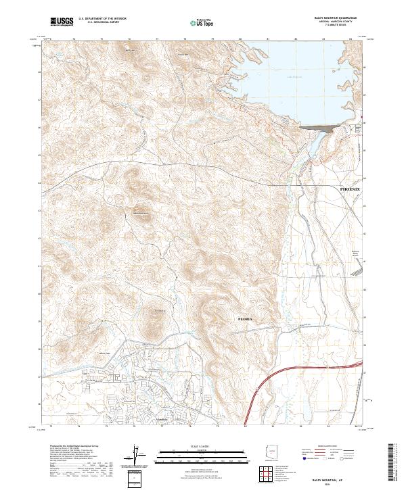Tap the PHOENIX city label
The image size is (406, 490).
pyautogui.click(x=351, y=190)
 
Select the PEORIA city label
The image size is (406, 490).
pyautogui.click(x=245, y=317)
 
